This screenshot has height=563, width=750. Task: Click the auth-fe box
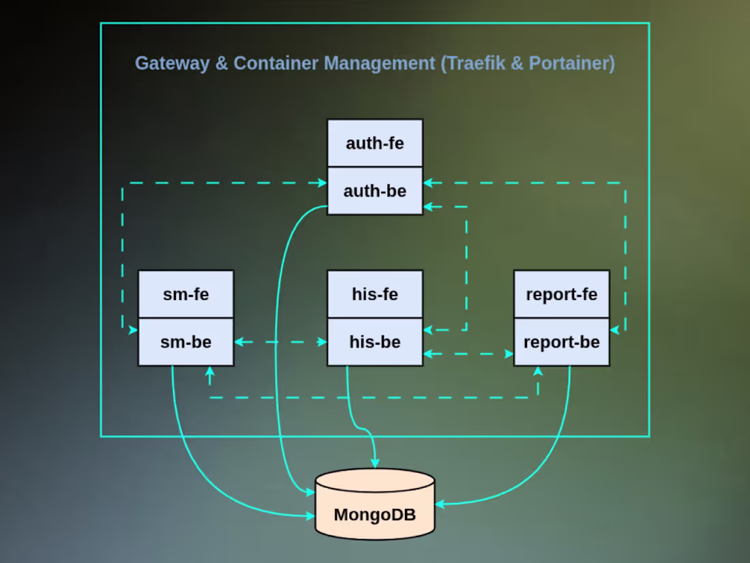[x=374, y=143]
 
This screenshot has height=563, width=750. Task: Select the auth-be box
[x=374, y=191]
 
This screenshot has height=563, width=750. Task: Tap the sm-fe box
[x=185, y=294]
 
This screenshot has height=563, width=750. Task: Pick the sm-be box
[x=185, y=342]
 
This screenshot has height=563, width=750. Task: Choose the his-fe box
[x=374, y=294]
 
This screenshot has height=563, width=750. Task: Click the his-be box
[x=374, y=342]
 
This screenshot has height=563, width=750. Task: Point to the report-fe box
[x=561, y=294]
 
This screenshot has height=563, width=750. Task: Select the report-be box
[x=561, y=342]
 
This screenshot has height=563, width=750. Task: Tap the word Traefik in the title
[x=476, y=63]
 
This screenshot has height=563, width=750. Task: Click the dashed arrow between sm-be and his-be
[x=280, y=342]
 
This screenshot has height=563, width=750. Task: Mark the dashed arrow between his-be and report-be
[x=468, y=354]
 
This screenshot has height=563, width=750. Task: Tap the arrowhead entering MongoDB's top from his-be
[x=374, y=463]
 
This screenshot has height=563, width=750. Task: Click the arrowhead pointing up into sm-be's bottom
[x=209, y=372]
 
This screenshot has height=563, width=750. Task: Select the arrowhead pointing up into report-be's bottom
[x=538, y=372]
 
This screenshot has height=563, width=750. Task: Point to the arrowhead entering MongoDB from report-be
[x=440, y=504]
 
